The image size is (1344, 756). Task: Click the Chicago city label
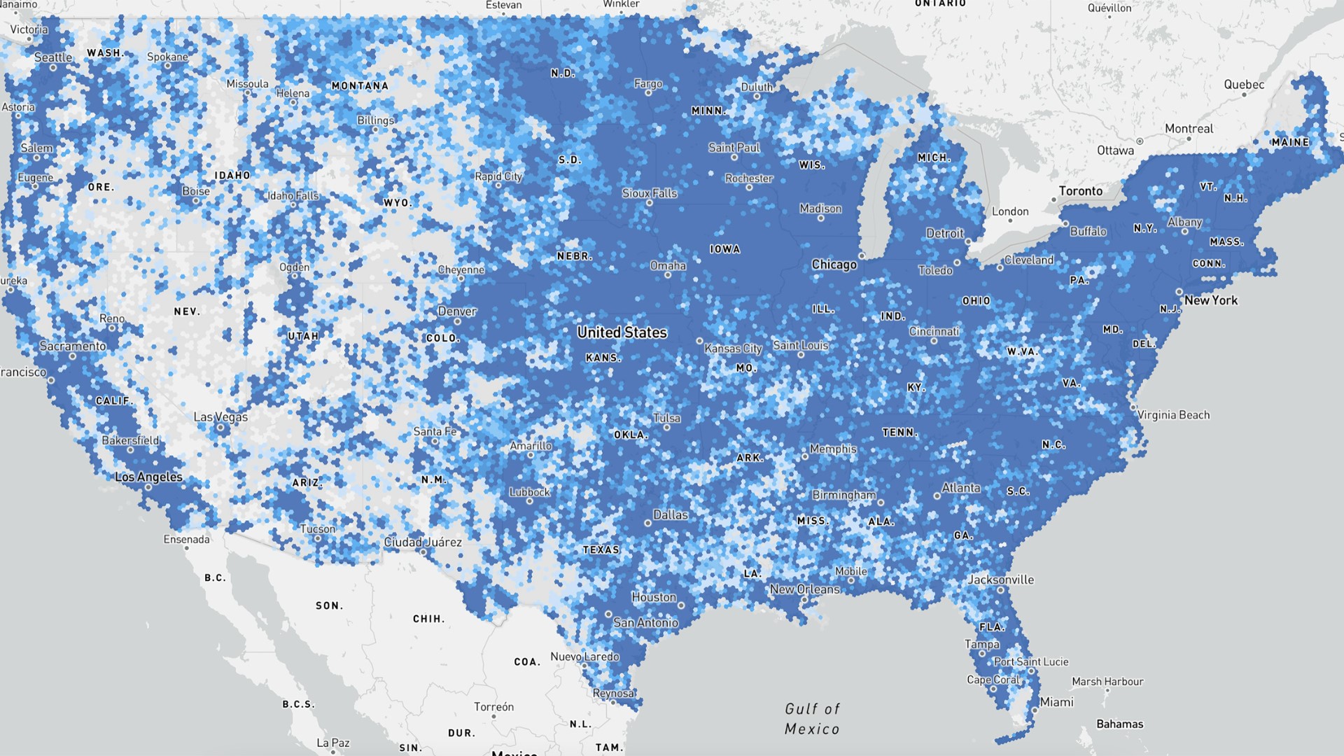click(834, 265)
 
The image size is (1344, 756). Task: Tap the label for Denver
click(457, 311)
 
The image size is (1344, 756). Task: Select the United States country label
click(622, 332)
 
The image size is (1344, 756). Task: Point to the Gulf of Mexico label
click(812, 719)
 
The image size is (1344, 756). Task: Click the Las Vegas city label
click(220, 416)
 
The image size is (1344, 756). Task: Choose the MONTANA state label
click(360, 86)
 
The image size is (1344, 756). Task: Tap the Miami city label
click(1056, 702)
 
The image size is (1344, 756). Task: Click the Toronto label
click(1080, 191)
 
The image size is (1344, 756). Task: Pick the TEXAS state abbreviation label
click(601, 550)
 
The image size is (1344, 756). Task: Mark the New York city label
click(1210, 300)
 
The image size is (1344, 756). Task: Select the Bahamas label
click(1119, 724)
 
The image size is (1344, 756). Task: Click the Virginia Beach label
click(1173, 415)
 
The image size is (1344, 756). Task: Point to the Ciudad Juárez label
click(423, 542)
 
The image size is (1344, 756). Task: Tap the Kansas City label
click(733, 348)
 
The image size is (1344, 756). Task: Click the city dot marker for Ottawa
click(1140, 141)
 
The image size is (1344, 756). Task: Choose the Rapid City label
click(498, 176)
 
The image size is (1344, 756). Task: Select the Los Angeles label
click(148, 477)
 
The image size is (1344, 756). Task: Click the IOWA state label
click(724, 249)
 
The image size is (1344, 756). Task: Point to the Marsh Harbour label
click(1107, 681)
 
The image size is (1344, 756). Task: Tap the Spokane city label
click(167, 57)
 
